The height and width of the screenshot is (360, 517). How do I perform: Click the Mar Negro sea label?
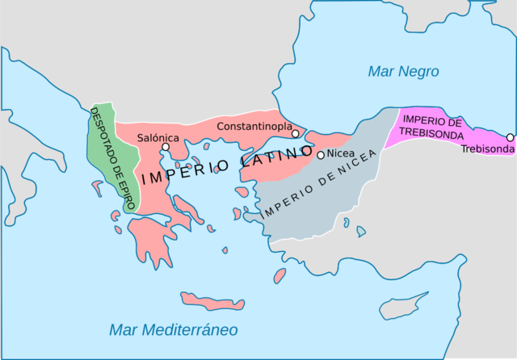tap(403, 72)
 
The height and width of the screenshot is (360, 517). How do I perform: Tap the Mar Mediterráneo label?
tap(173, 329)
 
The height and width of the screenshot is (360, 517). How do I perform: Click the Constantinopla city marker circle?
tap(296, 133)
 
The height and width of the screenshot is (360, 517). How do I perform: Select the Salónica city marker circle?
tap(166, 147)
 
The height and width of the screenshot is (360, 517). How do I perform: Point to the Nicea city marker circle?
tap(321, 155)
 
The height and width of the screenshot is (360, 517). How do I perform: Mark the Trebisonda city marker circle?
tap(510, 137)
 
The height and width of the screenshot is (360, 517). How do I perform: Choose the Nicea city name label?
tap(341, 154)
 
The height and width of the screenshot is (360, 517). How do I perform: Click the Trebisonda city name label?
tap(486, 149)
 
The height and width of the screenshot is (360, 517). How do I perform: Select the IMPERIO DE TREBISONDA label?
tap(431, 127)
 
